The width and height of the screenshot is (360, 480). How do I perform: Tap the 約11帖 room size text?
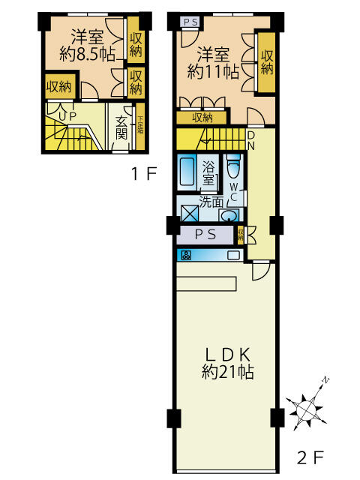click(x=213, y=73)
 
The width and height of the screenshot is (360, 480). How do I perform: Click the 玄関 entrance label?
click(x=121, y=127)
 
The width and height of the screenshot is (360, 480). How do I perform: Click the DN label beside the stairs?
click(x=251, y=140)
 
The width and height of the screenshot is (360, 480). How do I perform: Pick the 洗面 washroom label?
click(x=211, y=201)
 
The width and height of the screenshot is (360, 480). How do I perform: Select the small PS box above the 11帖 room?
click(x=190, y=22)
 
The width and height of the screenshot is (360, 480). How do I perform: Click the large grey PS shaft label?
click(x=206, y=234)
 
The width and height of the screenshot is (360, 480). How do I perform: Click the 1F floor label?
click(x=143, y=175)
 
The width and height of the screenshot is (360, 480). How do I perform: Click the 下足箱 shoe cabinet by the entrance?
click(x=139, y=122)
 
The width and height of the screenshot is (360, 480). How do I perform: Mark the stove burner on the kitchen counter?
click(x=184, y=255)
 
